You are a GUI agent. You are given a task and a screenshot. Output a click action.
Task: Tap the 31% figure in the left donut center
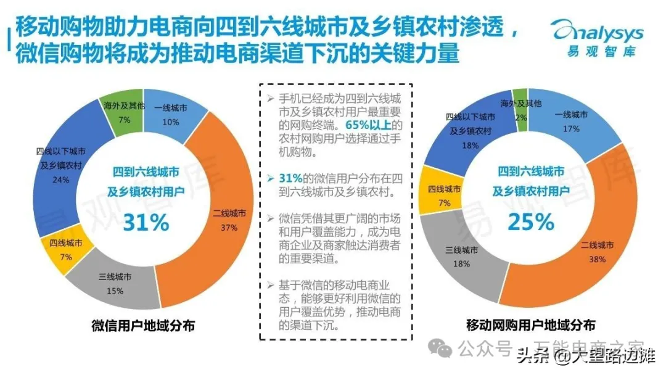coord(146,222)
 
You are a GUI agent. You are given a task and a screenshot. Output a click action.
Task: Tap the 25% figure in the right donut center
coord(530,221)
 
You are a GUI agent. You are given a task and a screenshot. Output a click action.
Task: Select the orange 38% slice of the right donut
coord(601,247)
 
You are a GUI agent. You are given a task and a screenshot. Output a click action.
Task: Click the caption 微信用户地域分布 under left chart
coord(142,325)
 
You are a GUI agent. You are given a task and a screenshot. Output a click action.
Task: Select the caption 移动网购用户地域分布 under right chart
coord(530,325)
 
